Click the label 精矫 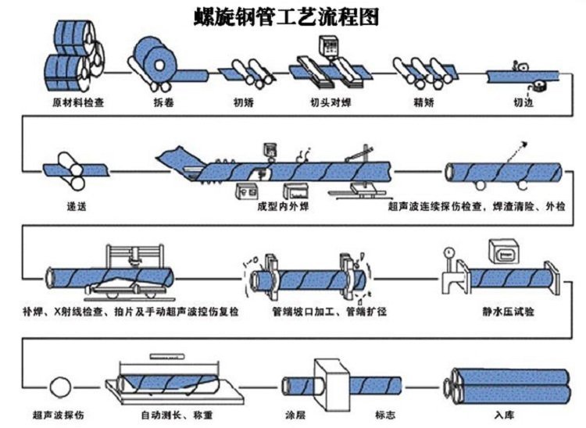424,102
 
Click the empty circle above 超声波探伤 59,385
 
